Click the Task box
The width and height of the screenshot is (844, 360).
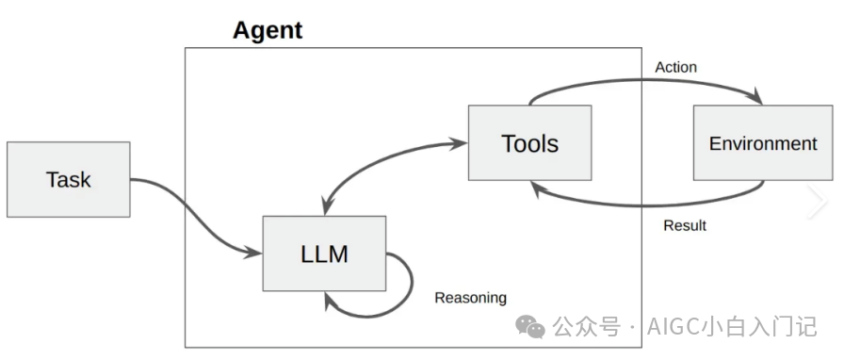point(68,179)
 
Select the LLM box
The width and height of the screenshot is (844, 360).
point(323,253)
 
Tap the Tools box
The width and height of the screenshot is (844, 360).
point(529,142)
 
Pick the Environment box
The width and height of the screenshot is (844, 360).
point(763,143)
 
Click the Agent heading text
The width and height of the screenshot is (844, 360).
point(268,30)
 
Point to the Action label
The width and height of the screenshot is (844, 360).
point(675,67)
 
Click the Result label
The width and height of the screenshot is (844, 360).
point(685,225)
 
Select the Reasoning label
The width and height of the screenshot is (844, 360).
point(470,298)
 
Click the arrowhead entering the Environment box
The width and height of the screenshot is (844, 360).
point(757,99)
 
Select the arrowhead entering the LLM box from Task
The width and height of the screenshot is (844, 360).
point(255,252)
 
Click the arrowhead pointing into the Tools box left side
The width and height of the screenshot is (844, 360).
point(461,144)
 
